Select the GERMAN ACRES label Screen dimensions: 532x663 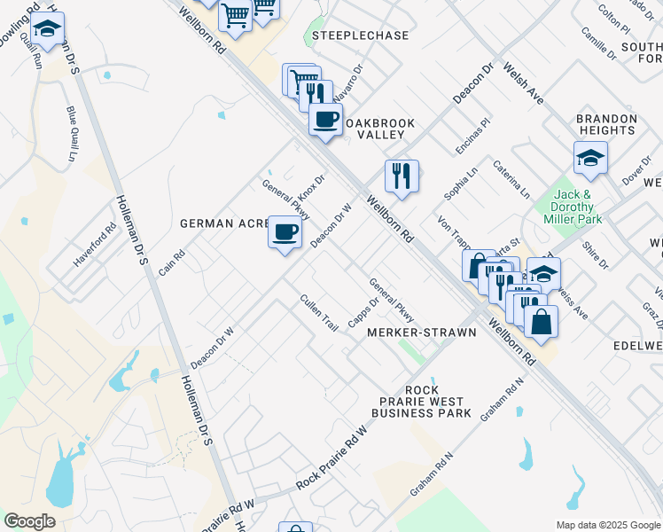click(x=224, y=223)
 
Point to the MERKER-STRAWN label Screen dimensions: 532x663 click(x=422, y=332)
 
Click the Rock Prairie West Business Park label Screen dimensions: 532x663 click(x=421, y=402)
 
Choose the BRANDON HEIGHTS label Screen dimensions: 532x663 click(x=607, y=124)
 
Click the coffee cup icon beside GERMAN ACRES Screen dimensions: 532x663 click(x=285, y=232)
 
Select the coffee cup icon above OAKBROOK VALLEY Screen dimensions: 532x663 click(x=326, y=119)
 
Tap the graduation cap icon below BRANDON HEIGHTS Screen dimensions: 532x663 click(x=590, y=158)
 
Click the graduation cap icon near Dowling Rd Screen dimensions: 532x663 click(x=46, y=29)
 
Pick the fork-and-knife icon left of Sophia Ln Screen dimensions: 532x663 click(x=402, y=175)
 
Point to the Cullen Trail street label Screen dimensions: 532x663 click(x=319, y=313)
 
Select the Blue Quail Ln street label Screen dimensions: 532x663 click(x=71, y=133)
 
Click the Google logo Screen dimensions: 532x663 click(x=29, y=520)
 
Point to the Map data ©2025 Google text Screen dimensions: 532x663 click(x=608, y=525)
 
